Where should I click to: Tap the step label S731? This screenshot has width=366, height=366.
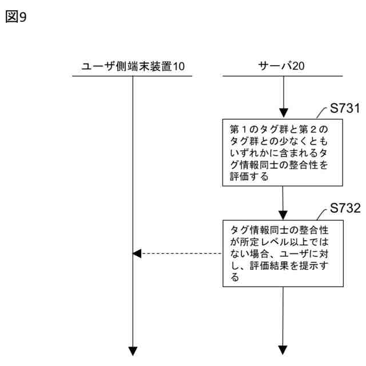pos(345,109)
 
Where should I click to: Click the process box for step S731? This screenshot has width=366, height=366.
pos(283,152)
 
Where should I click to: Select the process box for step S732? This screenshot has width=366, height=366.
pos(283,253)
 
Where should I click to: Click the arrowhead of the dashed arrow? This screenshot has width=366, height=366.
pos(136,253)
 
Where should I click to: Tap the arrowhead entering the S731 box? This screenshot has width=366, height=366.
pos(283,113)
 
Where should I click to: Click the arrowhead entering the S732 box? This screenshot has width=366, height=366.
pos(283,214)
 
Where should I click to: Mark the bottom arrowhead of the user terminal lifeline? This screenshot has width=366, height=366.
pos(133,349)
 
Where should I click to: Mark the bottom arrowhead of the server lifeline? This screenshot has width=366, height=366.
pos(283,349)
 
